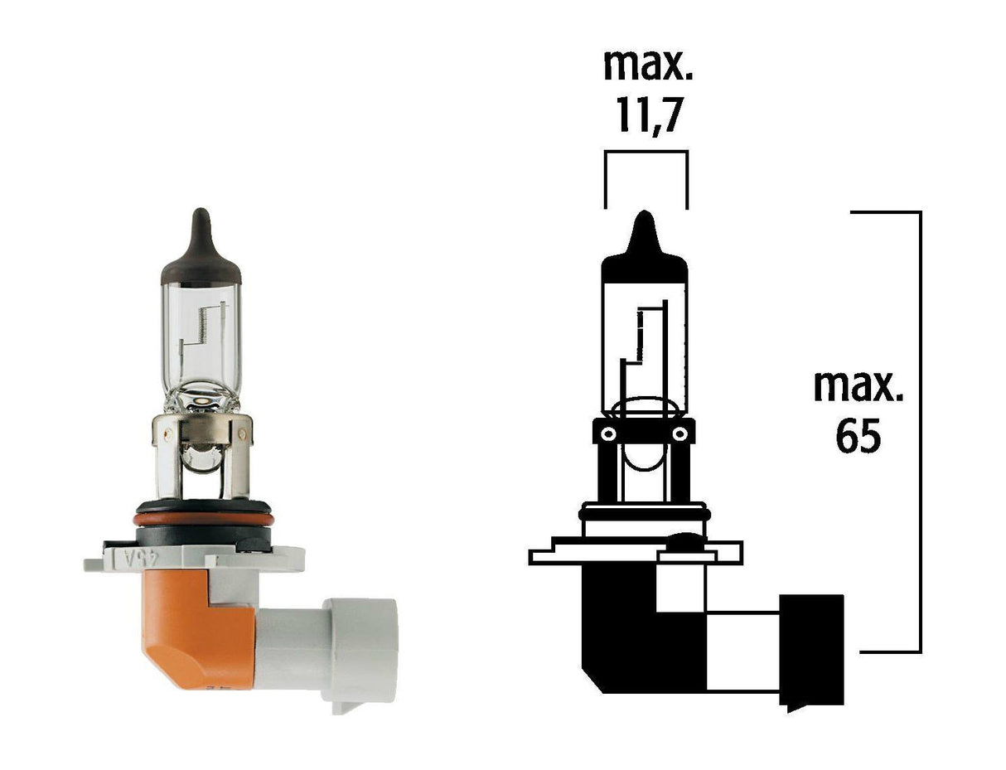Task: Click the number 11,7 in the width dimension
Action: click(x=647, y=116)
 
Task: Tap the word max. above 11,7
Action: click(x=647, y=65)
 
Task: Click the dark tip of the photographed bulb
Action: click(x=200, y=240)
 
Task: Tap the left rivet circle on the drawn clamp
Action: click(x=607, y=433)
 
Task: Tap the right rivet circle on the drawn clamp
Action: click(x=680, y=433)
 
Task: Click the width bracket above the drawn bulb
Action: click(x=646, y=153)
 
